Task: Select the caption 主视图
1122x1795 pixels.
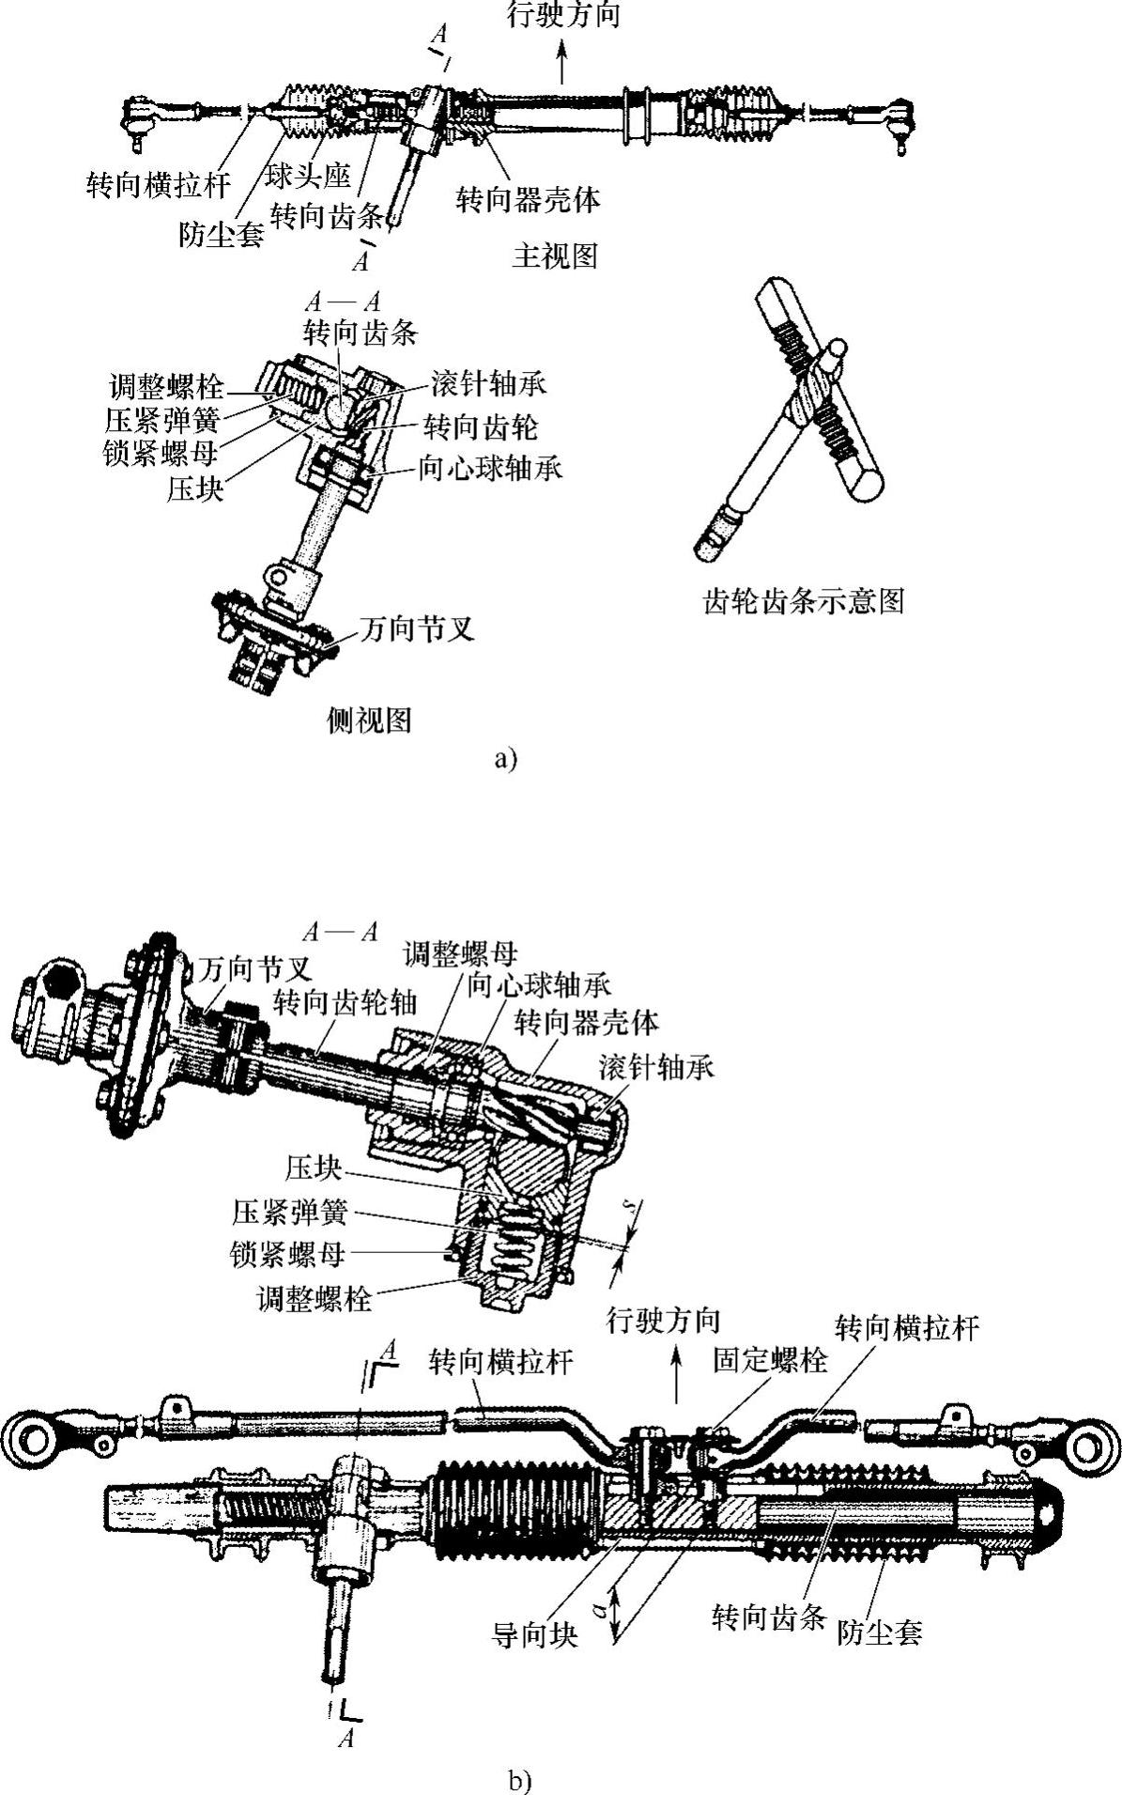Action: pos(554,255)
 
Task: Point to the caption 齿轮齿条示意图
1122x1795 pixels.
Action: pos(804,600)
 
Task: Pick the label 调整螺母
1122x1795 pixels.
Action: pos(460,955)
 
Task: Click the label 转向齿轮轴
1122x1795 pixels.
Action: pos(345,1002)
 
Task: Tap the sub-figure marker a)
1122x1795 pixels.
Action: pos(505,758)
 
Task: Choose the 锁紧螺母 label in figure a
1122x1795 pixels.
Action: pos(161,453)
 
